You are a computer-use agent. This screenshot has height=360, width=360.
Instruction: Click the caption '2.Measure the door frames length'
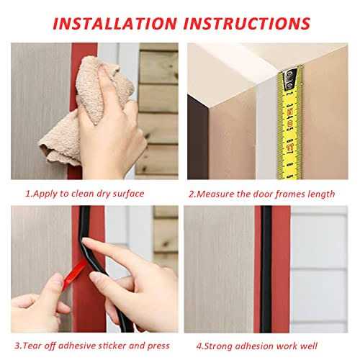click(261, 193)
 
